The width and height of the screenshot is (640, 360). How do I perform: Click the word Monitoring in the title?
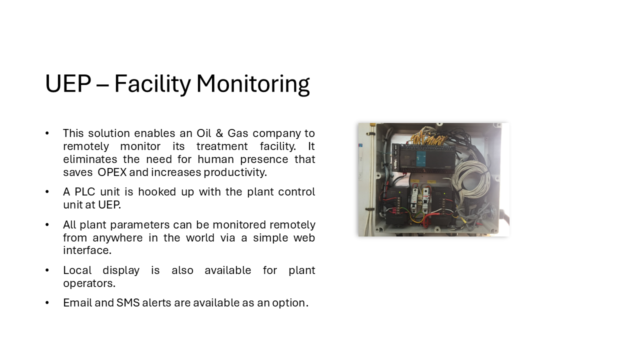pyautogui.click(x=253, y=84)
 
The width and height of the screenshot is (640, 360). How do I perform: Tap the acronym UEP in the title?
pyautogui.click(x=68, y=83)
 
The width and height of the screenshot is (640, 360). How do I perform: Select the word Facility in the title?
pyautogui.click(x=152, y=84)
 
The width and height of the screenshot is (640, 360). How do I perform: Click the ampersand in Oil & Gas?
pyautogui.click(x=219, y=133)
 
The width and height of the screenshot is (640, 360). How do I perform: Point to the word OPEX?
pyautogui.click(x=112, y=172)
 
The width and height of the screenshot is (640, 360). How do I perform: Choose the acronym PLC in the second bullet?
pyautogui.click(x=85, y=192)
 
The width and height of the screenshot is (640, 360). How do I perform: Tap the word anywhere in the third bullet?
pyautogui.click(x=117, y=238)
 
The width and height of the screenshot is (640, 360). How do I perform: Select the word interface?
pyautogui.click(x=87, y=250)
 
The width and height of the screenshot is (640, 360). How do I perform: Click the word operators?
pyautogui.click(x=89, y=283)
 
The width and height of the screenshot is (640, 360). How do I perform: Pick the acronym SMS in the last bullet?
pyautogui.click(x=128, y=303)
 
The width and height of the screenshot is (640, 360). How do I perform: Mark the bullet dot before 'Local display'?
pyautogui.click(x=47, y=270)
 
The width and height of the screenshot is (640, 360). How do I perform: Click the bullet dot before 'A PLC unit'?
pyautogui.click(x=47, y=191)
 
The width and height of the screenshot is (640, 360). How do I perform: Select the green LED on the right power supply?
pyautogui.click(x=444, y=193)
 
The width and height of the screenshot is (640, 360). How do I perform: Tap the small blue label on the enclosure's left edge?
pyautogui.click(x=360, y=145)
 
